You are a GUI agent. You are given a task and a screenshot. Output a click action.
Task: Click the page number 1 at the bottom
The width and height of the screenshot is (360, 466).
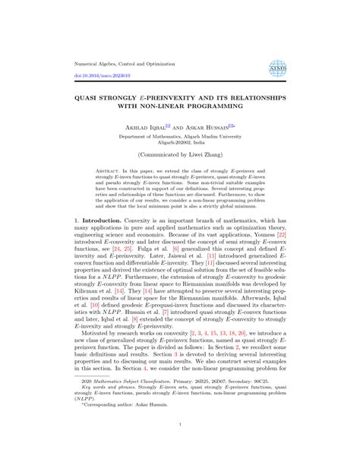pos(179,446)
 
